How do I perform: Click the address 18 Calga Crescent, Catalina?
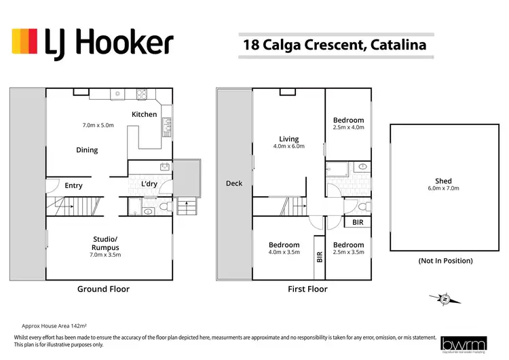pyautogui.click(x=335, y=46)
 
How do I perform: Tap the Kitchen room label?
pyautogui.click(x=144, y=114)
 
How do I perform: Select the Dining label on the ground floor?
pyautogui.click(x=87, y=150)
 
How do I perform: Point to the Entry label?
pyautogui.click(x=73, y=185)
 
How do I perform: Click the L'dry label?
pyautogui.click(x=149, y=185)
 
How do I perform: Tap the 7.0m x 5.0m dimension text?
pyautogui.click(x=98, y=126)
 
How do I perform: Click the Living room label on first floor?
pyautogui.click(x=288, y=139)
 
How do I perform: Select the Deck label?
pyautogui.click(x=234, y=183)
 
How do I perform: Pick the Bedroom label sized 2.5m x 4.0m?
pyautogui.click(x=349, y=120)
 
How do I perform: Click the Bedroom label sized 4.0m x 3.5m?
pyautogui.click(x=284, y=245)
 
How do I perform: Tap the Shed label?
pyautogui.click(x=443, y=181)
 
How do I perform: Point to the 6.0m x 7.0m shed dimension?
pyautogui.click(x=443, y=189)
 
